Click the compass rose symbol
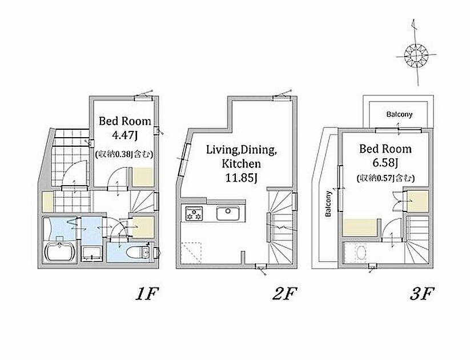click(x=416, y=55)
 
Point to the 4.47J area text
click(x=124, y=135)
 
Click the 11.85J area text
click(x=242, y=178)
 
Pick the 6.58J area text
click(x=385, y=163)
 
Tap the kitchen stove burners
click(x=194, y=214)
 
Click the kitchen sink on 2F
click(x=228, y=213)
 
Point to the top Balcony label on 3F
click(x=399, y=114)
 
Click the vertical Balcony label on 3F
click(x=328, y=203)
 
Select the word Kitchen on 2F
click(x=242, y=164)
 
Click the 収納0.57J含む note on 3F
click(x=385, y=178)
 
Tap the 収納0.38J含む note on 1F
click(x=124, y=154)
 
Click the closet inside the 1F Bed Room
click(x=143, y=177)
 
